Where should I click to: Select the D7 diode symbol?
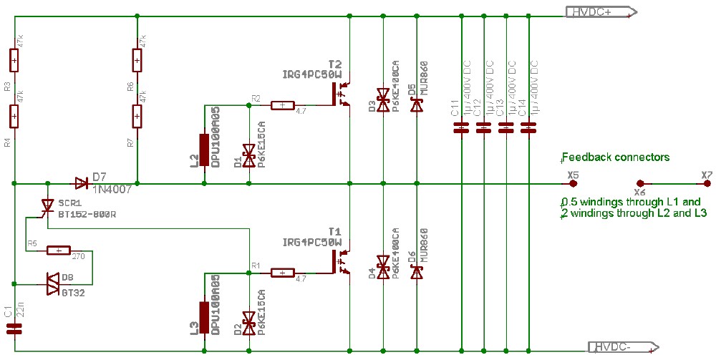[x=81, y=183]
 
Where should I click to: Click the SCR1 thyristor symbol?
[x=47, y=207]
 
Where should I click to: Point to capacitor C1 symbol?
[x=14, y=329]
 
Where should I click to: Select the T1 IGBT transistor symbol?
[x=339, y=262]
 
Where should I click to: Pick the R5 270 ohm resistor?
[x=58, y=250]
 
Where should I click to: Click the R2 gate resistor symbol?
[x=283, y=106]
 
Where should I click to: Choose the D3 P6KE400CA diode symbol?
[x=383, y=100]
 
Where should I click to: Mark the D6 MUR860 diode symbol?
[x=416, y=273]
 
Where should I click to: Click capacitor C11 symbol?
[x=462, y=128]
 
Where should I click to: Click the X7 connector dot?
[x=707, y=183]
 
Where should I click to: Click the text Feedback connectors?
[x=616, y=157]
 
